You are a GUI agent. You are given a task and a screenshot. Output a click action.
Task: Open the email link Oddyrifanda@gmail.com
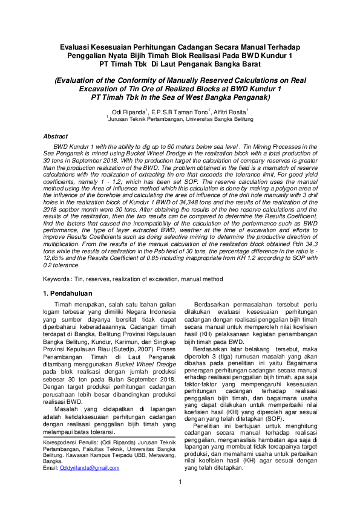pos(90,467)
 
